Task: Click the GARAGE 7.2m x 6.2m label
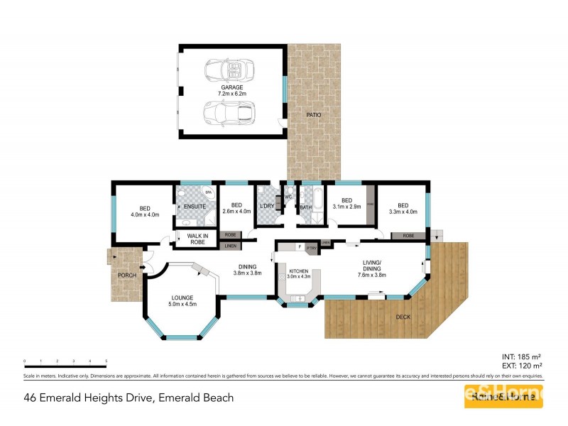231,90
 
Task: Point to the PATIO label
313,114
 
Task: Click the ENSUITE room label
195,207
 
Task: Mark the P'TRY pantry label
312,248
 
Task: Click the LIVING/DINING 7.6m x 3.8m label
372,271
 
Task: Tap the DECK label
403,317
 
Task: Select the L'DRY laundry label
267,206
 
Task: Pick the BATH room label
306,207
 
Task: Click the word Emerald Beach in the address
196,398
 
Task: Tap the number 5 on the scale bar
106,362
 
